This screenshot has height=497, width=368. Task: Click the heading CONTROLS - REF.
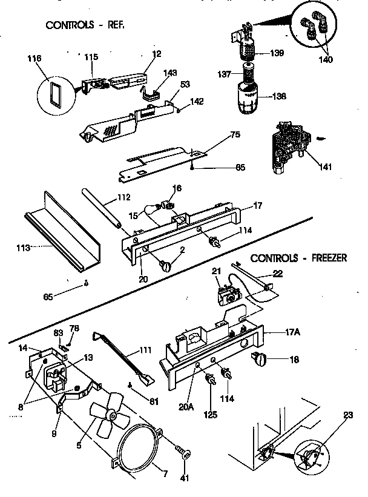click(x=89, y=25)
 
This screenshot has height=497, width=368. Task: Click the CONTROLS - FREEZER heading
click(x=298, y=258)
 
